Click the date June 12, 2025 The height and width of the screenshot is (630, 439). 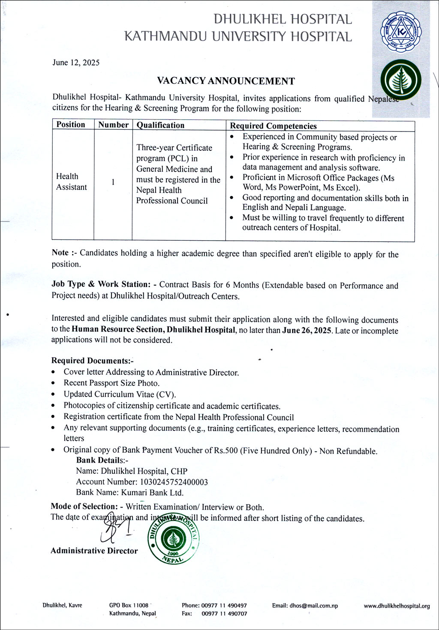76,63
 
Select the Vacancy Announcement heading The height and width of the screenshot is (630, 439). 226,81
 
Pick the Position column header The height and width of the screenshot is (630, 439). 71,125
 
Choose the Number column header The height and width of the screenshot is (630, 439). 113,125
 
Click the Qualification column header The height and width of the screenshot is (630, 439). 160,125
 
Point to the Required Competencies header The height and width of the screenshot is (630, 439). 273,126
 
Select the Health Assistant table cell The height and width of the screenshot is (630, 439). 71,182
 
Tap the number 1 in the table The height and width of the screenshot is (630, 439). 113,182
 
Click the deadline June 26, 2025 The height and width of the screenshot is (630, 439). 307,330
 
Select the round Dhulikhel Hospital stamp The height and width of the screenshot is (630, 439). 174,537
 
